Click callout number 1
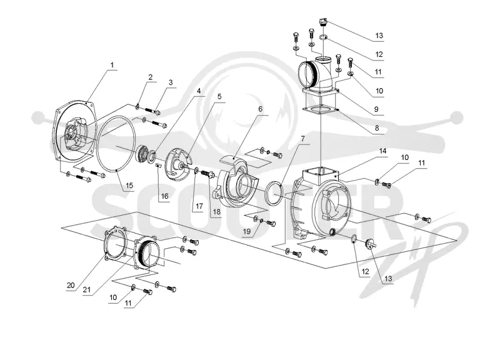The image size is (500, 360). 112,65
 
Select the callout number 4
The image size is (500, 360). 199,91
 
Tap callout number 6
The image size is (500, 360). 261,109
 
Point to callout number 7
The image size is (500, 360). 302,139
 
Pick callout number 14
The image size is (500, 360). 382,151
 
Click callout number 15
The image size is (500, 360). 129,186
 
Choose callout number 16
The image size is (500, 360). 164,196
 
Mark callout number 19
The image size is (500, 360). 247,231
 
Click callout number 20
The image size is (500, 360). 71,285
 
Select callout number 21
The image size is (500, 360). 87,289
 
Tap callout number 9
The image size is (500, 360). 376,109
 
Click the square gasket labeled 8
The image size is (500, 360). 320,110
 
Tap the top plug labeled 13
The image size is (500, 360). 322,22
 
